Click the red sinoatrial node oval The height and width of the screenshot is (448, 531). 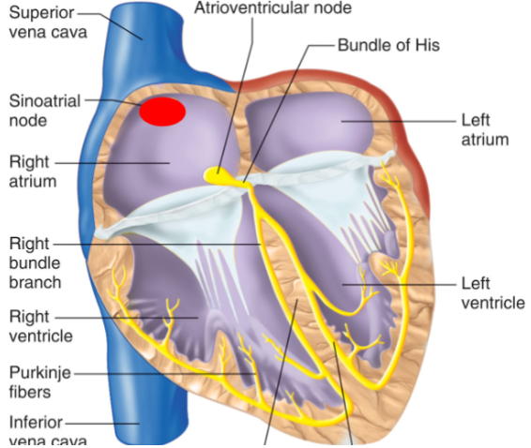pos(162,112)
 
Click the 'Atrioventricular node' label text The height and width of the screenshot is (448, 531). pos(273,7)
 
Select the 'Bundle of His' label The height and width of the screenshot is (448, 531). pos(388,45)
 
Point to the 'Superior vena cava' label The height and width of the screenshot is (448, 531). pos(48,22)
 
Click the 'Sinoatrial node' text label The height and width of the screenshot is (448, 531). pos(45,111)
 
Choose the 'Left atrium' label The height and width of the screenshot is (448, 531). pos(485,130)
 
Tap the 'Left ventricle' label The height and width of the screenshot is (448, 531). pos(493,293)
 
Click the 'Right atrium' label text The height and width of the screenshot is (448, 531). pos(33,172)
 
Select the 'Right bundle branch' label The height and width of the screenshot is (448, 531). pos(35,263)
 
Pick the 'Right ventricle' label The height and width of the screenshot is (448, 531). pos(40,326)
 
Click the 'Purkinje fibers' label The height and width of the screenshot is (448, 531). pos(40,382)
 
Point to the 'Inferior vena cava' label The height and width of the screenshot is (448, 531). pos(48,431)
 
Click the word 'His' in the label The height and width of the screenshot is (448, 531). pos(428,45)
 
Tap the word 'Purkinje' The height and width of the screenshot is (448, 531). pos(40,373)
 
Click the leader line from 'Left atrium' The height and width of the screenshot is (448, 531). pos(399,121)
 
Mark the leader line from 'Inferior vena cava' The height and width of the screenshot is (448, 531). pos(102,423)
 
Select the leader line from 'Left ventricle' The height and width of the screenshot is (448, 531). pos(399,285)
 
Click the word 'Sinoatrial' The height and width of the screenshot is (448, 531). pos(45,101)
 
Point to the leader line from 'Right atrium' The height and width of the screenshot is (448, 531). pos(113,163)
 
